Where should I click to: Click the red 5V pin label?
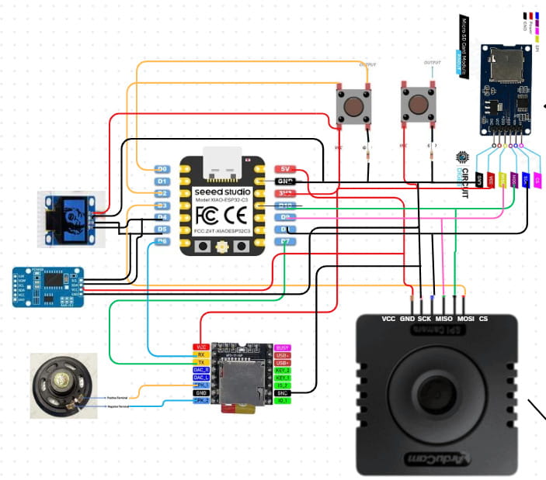coord(284,169)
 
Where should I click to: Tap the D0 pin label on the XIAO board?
coord(162,168)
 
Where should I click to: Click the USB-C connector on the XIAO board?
coord(223,160)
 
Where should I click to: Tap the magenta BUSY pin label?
coord(283,347)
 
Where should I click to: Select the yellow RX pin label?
coord(201,355)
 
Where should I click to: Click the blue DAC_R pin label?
coord(201,370)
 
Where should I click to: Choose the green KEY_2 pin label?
coord(283,370)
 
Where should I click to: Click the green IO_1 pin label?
coord(283,400)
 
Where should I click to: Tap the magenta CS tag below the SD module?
coord(537,180)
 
